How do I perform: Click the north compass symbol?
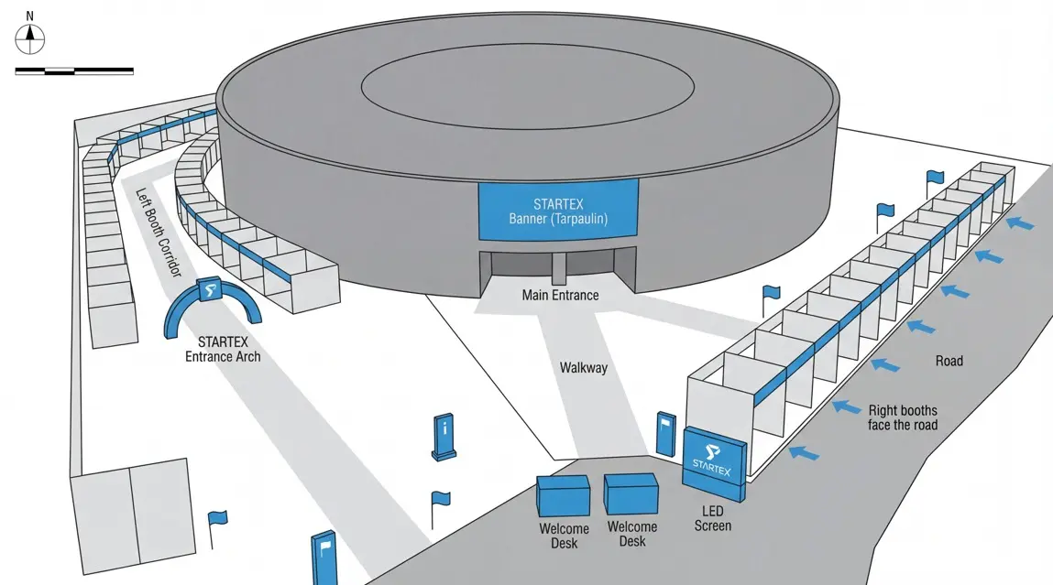30,36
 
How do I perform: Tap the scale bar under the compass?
74,70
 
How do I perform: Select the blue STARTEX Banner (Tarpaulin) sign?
558,211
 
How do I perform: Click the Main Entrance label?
560,296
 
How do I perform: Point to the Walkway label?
583,368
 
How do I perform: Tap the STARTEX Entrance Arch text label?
222,349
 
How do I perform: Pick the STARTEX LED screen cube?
716,462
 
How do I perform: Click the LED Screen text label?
712,518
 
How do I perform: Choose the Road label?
949,362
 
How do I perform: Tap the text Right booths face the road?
902,417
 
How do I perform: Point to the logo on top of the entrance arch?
210,290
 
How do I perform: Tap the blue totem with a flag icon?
324,558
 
